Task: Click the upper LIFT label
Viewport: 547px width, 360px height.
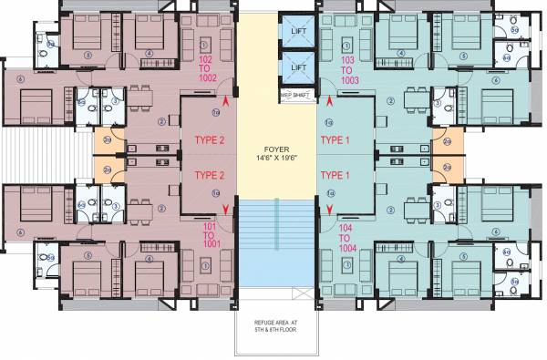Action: click(x=297, y=31)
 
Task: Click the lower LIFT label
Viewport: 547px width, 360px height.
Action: click(x=297, y=67)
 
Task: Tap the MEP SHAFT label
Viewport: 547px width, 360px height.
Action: click(x=294, y=94)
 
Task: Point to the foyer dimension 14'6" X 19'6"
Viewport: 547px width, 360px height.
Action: click(x=276, y=158)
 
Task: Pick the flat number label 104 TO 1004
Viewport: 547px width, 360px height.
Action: click(x=346, y=235)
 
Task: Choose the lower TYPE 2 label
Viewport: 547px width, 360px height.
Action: click(x=210, y=176)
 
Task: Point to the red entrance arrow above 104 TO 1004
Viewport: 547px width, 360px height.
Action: click(x=330, y=211)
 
